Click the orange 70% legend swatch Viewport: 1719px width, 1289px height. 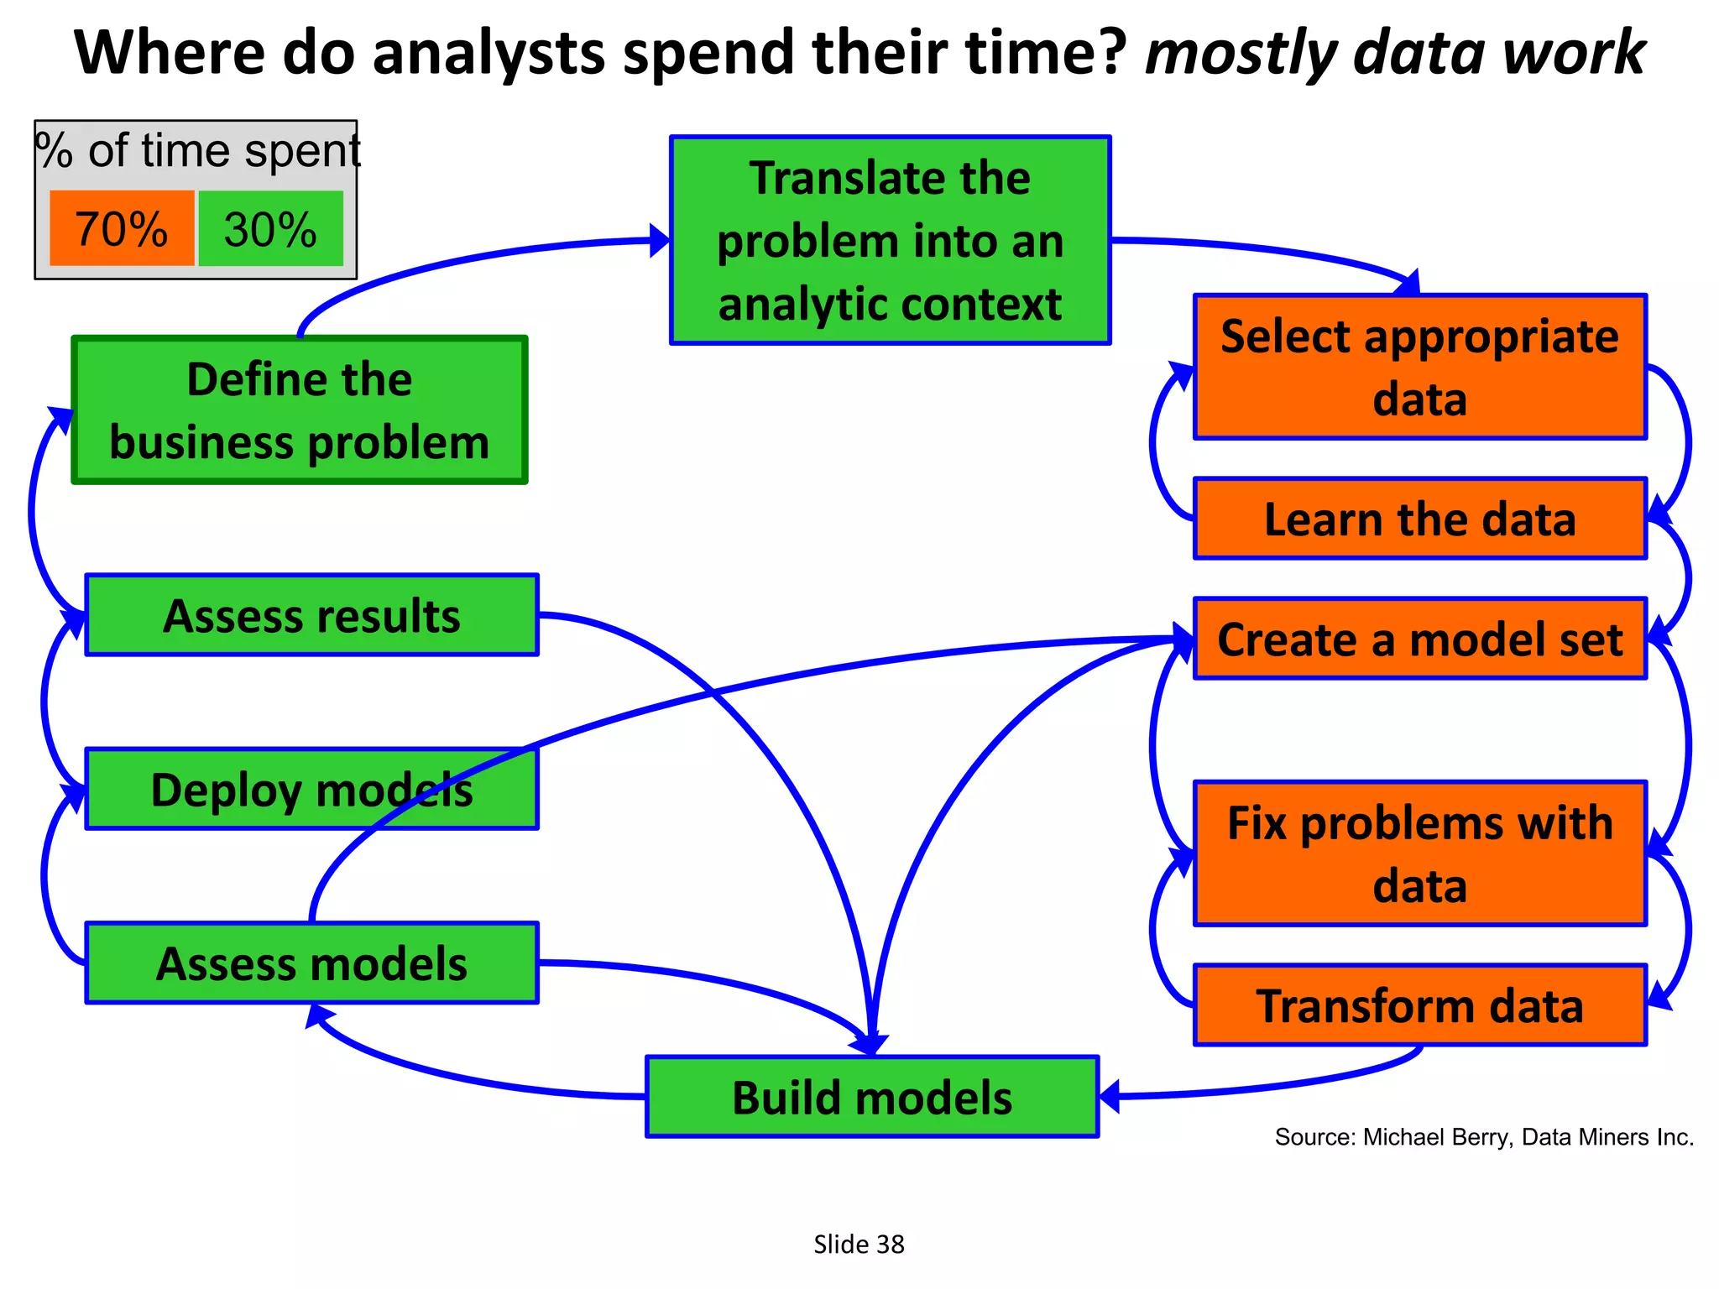122,228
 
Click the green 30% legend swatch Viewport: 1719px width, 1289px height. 270,228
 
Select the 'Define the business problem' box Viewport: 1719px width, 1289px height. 300,410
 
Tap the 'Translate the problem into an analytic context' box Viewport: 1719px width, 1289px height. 890,241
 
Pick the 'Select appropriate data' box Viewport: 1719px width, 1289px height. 1419,367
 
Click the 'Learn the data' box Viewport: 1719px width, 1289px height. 1419,519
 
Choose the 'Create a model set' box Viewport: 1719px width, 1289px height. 1419,639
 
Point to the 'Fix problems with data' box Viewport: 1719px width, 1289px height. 1419,853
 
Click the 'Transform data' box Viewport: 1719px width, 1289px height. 1419,1005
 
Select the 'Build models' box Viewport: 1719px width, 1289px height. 872,1097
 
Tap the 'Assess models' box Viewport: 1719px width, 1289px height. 311,963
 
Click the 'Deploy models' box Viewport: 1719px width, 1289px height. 311,790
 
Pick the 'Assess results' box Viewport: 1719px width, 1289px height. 311,615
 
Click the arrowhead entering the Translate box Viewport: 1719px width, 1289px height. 661,240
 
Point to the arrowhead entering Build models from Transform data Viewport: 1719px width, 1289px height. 1110,1096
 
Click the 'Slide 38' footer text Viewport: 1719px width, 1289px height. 859,1244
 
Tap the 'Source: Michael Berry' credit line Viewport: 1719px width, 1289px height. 1484,1137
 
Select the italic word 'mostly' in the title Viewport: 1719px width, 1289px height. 1241,54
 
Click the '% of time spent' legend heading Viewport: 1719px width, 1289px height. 198,151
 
